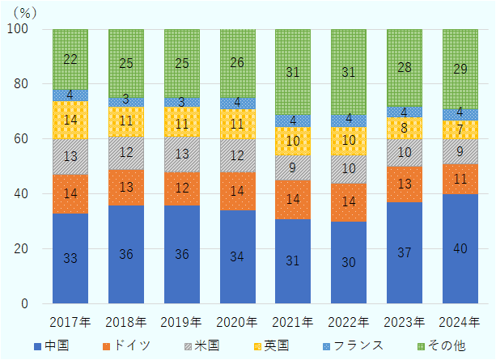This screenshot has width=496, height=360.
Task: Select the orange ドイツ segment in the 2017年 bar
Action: tap(70, 193)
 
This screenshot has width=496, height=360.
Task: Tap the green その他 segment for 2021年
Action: tap(293, 71)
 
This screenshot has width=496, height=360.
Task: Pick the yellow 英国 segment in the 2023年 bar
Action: tap(404, 128)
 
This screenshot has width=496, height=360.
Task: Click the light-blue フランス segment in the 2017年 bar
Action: tap(70, 95)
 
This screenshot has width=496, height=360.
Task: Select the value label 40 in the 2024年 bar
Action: tap(460, 248)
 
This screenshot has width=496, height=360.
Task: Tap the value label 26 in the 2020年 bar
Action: tap(237, 63)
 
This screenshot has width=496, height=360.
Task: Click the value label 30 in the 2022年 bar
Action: tap(349, 262)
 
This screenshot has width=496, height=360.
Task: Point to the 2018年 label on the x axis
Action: tap(126, 321)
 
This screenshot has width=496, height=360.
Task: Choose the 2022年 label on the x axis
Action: tap(349, 321)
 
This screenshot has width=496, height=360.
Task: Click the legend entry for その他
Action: tap(441, 345)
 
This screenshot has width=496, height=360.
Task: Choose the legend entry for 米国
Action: tap(201, 345)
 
